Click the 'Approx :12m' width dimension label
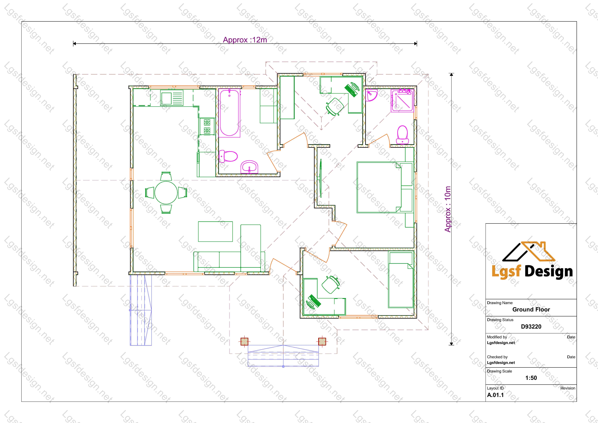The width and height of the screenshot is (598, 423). tap(245, 40)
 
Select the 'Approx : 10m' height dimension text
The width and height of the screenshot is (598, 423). tap(447, 209)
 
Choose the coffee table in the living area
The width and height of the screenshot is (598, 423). tap(215, 232)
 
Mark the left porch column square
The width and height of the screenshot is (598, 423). tap(244, 341)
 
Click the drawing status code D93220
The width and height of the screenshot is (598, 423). tap(531, 327)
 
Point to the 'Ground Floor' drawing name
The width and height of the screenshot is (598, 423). tap(531, 309)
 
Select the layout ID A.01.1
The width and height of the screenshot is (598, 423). tap(495, 395)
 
